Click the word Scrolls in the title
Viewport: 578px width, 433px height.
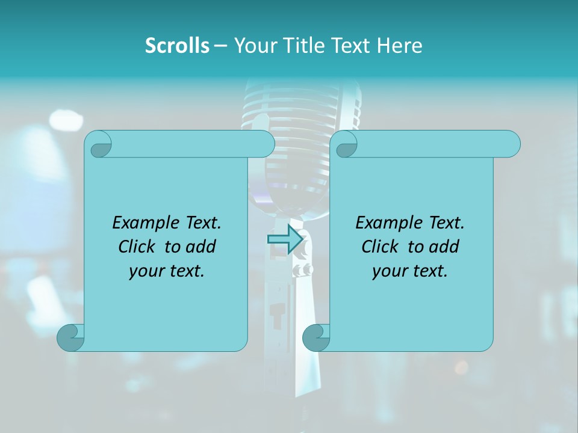177,46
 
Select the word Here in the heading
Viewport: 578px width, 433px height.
399,46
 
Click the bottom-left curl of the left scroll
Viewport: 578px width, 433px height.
71,337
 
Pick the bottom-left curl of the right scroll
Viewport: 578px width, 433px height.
316,337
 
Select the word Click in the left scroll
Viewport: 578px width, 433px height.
138,247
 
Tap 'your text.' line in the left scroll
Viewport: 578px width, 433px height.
167,271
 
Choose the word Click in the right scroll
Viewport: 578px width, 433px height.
381,247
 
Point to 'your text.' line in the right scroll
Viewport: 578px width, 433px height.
410,271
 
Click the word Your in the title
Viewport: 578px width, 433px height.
253,46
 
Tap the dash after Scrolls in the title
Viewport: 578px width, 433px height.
220,46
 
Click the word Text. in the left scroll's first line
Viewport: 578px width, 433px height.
200,223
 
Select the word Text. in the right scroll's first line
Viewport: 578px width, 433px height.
443,223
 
